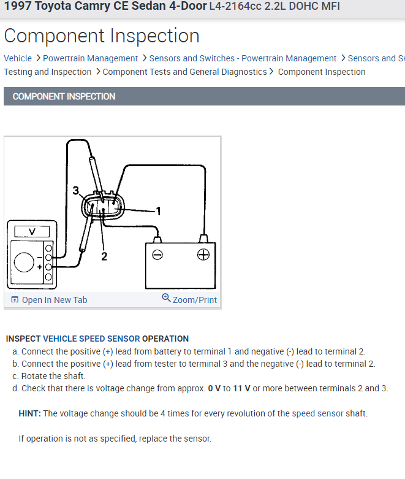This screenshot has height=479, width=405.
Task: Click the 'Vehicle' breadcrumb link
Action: click(x=18, y=58)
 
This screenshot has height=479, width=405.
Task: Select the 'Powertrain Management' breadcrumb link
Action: click(x=90, y=58)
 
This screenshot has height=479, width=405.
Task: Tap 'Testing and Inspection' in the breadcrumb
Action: click(x=47, y=72)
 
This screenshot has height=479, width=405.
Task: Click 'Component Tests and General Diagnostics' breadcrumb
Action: click(x=184, y=72)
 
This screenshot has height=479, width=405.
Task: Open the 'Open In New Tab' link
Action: click(x=49, y=300)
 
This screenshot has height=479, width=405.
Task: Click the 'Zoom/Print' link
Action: click(x=189, y=299)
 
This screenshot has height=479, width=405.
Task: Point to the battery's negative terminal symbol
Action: click(x=157, y=255)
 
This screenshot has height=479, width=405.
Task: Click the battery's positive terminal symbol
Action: click(x=203, y=255)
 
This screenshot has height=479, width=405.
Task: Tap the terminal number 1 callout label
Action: click(x=158, y=212)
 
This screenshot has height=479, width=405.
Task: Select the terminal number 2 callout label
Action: click(x=104, y=256)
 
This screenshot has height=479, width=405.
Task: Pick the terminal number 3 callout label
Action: click(x=75, y=191)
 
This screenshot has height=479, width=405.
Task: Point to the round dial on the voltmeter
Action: click(x=24, y=262)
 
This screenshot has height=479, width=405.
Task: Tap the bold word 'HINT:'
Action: click(x=29, y=413)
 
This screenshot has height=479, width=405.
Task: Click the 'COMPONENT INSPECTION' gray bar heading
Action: click(x=64, y=96)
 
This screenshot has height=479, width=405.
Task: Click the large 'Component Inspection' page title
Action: click(x=102, y=36)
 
